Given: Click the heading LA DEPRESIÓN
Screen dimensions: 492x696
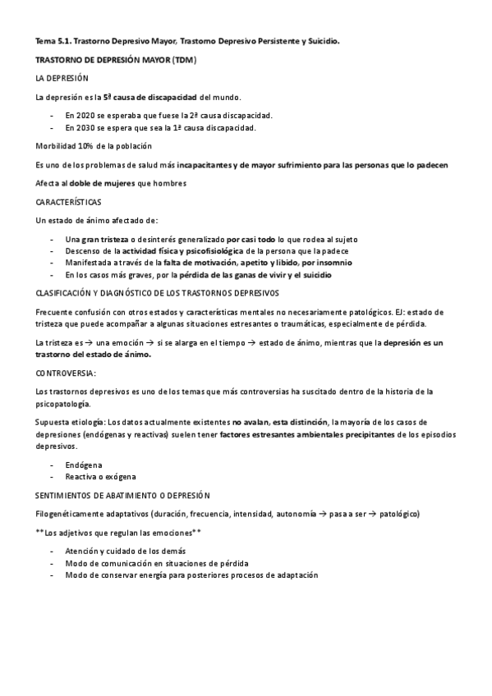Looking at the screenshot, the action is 62,79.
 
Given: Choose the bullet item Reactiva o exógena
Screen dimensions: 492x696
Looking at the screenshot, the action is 100,476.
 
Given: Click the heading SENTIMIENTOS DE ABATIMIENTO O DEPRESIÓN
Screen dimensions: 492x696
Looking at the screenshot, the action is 122,495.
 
